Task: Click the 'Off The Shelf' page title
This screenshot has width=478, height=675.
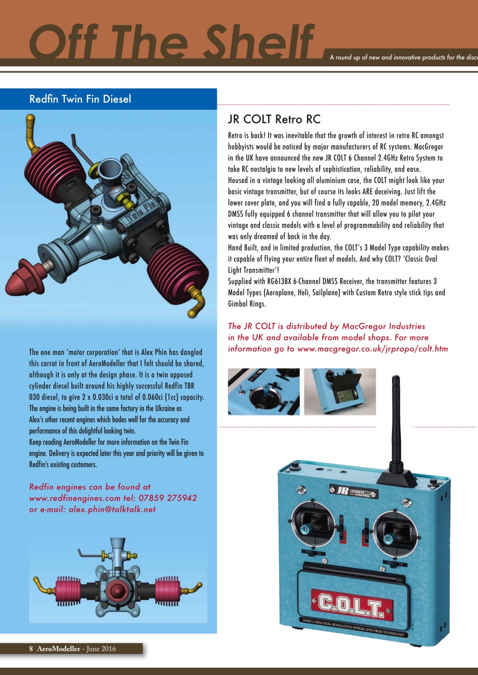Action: point(171,42)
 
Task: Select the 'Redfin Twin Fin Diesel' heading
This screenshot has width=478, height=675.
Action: point(80,99)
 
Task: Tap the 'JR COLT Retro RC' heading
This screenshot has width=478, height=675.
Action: point(274,119)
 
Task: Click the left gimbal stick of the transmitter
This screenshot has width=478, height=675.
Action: point(311,523)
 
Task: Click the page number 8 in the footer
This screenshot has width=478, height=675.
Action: point(31,649)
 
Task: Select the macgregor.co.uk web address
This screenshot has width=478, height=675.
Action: point(372,349)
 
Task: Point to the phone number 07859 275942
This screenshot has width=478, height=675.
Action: point(168,498)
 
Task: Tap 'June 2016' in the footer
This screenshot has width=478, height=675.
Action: point(100,649)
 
